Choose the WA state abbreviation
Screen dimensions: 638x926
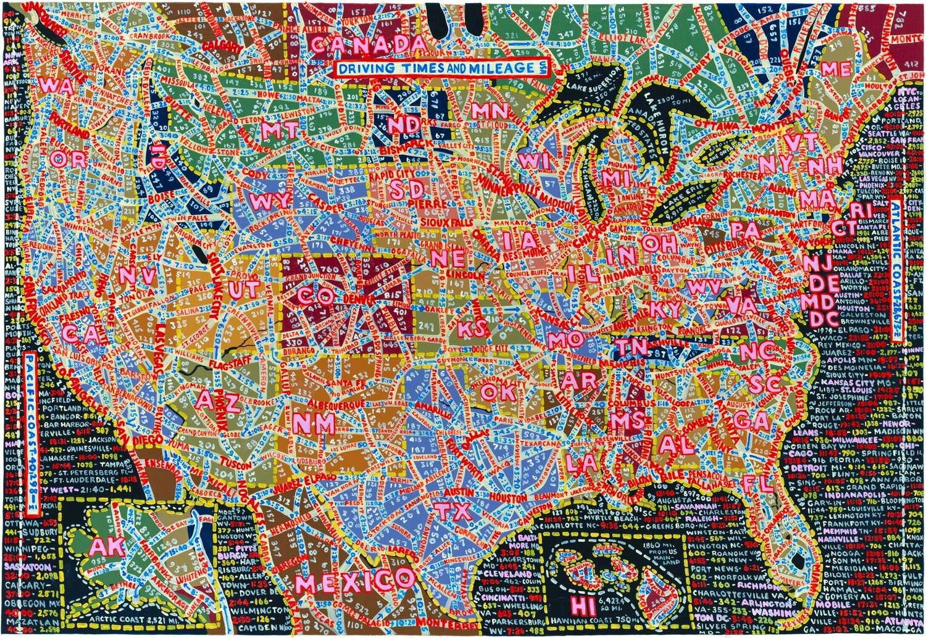[56, 85]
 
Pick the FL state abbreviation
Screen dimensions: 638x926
[759, 483]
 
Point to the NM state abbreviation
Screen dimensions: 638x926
[314, 423]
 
